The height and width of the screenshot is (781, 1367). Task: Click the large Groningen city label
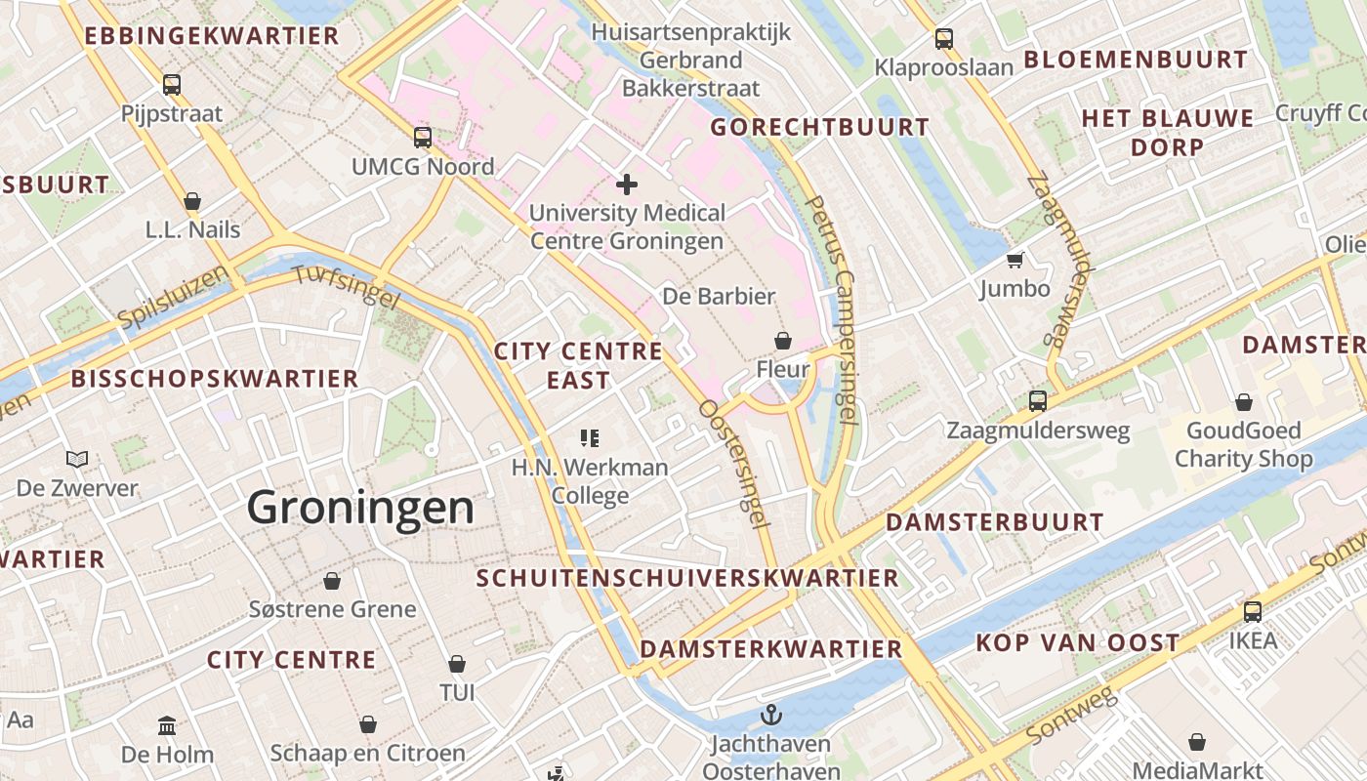point(360,508)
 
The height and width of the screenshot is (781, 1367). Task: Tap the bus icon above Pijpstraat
point(172,85)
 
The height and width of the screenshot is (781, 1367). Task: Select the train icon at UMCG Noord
point(422,138)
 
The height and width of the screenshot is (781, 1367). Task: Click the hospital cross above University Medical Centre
point(627,184)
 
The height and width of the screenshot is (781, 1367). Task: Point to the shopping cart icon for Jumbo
point(1015,260)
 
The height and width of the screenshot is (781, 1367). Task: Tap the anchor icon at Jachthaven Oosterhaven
point(771,715)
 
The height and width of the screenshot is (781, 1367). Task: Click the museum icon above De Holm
point(167,726)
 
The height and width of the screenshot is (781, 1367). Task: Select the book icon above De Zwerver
point(77,459)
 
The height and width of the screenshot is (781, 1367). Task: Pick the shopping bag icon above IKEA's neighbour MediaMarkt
point(1197,742)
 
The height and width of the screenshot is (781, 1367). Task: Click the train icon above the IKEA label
point(1253,612)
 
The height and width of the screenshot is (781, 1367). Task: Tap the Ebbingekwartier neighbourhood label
point(212,37)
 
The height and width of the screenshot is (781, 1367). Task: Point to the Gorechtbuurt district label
point(819,127)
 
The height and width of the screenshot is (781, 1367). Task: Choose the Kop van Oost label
point(1078,643)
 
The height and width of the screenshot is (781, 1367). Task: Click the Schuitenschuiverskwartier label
point(687,578)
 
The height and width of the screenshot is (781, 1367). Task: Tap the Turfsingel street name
point(346,286)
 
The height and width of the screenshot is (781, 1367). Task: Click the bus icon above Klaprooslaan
point(943,39)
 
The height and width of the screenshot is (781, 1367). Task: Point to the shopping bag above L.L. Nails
point(192,201)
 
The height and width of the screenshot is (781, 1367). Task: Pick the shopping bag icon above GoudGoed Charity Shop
point(1244,402)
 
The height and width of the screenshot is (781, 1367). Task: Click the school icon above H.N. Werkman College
point(589,438)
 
